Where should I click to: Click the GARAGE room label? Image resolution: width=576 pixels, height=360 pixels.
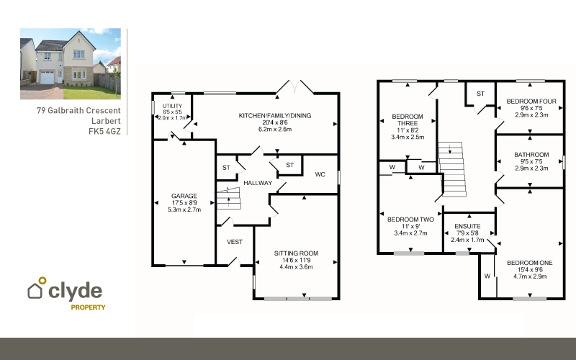[x=184, y=196]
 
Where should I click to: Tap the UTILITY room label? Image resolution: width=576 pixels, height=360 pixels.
[x=172, y=106]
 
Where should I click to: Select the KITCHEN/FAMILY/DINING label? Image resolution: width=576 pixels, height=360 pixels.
[x=275, y=116]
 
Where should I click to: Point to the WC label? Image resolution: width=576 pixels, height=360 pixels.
[x=320, y=174]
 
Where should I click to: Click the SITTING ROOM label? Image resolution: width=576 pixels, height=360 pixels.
[x=296, y=253]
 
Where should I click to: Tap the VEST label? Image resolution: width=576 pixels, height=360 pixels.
[x=235, y=242]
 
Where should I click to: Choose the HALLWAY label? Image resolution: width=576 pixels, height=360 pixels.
[x=258, y=183]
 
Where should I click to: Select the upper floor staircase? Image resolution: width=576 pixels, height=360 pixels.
[x=452, y=169]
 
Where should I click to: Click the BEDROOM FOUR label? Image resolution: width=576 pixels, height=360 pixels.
[x=531, y=102]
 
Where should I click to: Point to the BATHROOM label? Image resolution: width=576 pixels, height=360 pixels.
[x=531, y=155]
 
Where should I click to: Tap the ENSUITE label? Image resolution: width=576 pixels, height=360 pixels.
[x=467, y=226]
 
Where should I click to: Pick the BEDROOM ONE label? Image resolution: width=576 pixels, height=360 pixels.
[x=530, y=263]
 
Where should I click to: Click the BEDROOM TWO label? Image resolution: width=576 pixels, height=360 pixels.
[x=410, y=220]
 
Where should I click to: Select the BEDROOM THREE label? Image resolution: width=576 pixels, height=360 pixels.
[x=408, y=120]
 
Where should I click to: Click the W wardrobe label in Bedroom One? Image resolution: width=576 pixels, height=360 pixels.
[x=487, y=276]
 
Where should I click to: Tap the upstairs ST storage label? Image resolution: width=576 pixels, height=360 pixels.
[x=480, y=94]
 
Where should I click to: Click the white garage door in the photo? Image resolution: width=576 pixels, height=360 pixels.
[x=47, y=78]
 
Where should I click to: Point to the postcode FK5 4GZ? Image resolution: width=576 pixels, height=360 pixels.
[x=104, y=131]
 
